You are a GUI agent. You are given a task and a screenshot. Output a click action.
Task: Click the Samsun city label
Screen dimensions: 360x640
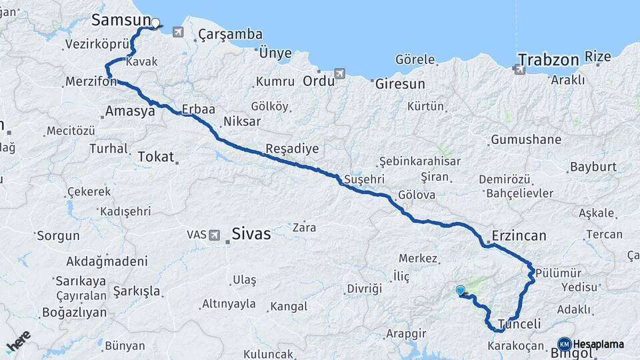tap(120, 20)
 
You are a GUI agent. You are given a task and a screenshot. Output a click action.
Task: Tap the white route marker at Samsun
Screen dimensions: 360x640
tap(155, 23)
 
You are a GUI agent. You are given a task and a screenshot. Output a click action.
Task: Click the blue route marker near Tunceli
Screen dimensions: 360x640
tap(460, 290)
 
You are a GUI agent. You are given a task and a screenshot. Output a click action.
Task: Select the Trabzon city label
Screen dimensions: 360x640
tap(549, 60)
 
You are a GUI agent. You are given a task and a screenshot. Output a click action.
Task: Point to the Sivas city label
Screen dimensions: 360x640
tap(251, 234)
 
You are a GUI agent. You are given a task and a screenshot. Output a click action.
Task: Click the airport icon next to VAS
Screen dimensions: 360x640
tap(215, 235)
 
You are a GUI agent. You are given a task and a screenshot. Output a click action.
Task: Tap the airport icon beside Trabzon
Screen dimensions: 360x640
tap(519, 67)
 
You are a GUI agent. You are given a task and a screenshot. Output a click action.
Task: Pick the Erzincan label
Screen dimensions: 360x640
tap(519, 235)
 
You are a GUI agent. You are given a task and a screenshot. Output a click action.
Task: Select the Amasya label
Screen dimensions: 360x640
tap(130, 111)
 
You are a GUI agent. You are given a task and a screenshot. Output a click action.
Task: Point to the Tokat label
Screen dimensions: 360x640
tap(155, 157)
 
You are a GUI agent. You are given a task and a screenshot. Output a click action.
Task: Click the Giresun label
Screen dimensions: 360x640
tap(399, 85)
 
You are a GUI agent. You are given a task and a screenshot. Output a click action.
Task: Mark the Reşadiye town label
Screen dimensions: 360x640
tap(292, 149)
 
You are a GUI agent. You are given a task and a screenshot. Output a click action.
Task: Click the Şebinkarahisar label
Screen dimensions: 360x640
tap(419, 161)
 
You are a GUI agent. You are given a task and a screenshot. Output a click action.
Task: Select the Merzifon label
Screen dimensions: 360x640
tap(91, 82)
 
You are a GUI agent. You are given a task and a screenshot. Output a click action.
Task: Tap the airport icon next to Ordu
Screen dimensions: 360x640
tap(340, 73)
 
